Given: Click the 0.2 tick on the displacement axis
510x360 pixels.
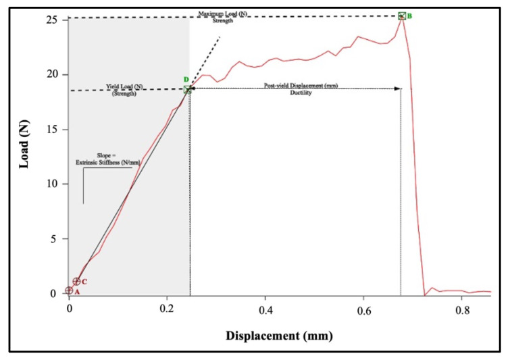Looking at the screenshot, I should click(167, 308).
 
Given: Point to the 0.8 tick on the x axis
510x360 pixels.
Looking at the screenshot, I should click(462, 308).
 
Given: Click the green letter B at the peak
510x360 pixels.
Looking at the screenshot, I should click(409, 16).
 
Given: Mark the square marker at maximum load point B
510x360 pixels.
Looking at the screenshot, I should click(402, 16).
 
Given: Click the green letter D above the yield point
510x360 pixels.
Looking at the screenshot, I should click(186, 80).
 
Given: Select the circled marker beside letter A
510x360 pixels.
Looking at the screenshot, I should click(69, 290).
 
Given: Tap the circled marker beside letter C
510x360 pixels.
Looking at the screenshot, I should click(76, 282).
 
